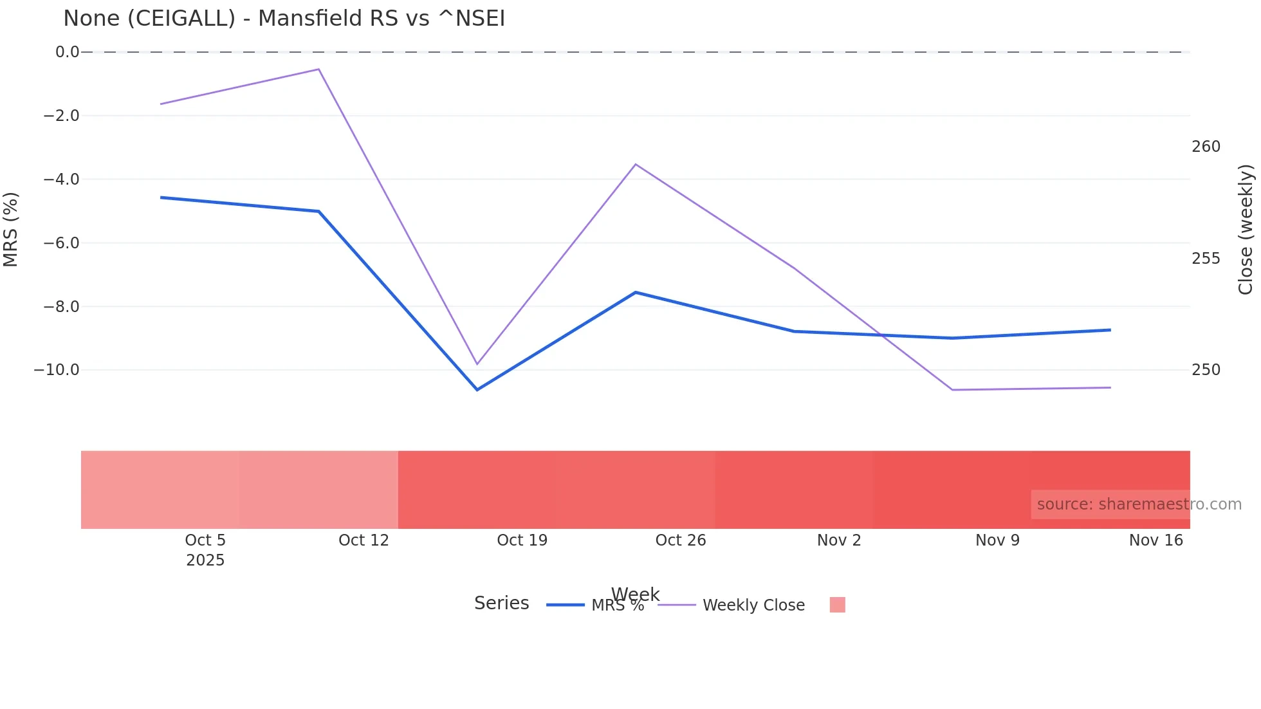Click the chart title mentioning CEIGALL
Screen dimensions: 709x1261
coord(284,19)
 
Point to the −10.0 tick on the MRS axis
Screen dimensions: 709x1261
coord(57,370)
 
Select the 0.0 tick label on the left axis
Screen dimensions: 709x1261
coord(67,52)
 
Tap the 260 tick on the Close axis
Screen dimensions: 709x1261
coord(1206,147)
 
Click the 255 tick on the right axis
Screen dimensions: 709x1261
coord(1206,259)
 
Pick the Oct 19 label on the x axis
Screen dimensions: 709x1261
coord(522,540)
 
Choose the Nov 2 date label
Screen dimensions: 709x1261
coord(839,540)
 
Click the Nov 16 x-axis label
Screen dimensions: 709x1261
coord(1155,540)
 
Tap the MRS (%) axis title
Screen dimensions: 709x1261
coord(11,229)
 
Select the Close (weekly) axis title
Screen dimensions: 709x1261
coord(1246,229)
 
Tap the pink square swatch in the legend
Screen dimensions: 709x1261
coord(837,605)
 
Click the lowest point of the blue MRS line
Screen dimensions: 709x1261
coord(477,390)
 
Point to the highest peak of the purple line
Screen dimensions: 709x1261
coord(318,69)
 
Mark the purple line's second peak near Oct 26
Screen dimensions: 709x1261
coord(636,165)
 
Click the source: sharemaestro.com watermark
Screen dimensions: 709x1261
coord(1139,504)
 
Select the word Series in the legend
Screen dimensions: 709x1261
coord(501,603)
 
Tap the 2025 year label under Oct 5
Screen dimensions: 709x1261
coord(205,560)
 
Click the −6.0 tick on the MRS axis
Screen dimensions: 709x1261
coord(61,243)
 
